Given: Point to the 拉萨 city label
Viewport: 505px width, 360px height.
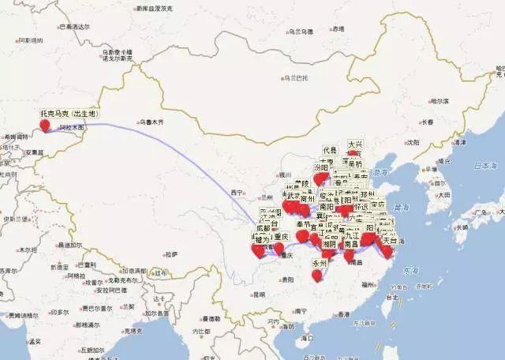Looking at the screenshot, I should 171,254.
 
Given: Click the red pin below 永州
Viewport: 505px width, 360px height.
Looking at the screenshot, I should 317,276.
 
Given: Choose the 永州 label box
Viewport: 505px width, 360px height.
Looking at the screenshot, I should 320,263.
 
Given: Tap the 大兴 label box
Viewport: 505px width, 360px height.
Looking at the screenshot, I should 355,145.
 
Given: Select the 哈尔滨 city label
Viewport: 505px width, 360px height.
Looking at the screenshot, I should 440,102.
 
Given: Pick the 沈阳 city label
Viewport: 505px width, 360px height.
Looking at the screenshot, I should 413,142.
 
